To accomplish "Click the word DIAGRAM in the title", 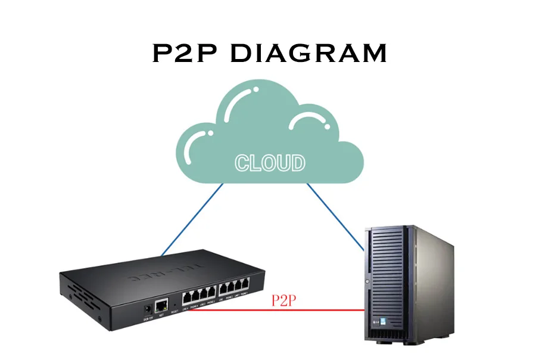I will pyautogui.click(x=308, y=54).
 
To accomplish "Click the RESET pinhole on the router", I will pyautogui.click(x=174, y=305).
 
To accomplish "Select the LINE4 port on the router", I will pyautogui.click(x=186, y=296).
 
